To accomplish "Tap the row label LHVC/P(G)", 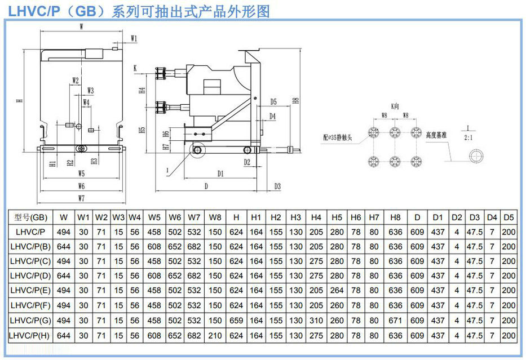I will [x=30, y=320].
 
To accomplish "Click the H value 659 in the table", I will [x=237, y=320].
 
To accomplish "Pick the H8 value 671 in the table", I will [x=395, y=320].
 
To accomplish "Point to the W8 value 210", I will [x=215, y=335].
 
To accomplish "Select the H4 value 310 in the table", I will [x=316, y=320].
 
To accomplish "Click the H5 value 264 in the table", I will [x=337, y=291].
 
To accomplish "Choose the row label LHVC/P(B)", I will [x=30, y=247].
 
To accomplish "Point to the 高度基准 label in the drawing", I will [x=437, y=135].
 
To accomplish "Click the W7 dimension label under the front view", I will [x=81, y=198].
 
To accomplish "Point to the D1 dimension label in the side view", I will [x=220, y=174].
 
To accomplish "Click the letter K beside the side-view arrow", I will [x=136, y=68].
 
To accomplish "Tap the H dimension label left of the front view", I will [x=19, y=101].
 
